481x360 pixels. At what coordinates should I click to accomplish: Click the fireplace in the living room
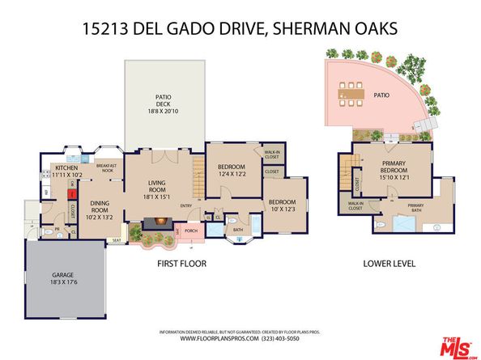[153, 224]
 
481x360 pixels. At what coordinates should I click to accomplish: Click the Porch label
[191, 231]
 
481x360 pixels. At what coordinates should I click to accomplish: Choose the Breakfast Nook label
[108, 167]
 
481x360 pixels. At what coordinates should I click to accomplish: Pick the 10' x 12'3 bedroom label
[282, 205]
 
